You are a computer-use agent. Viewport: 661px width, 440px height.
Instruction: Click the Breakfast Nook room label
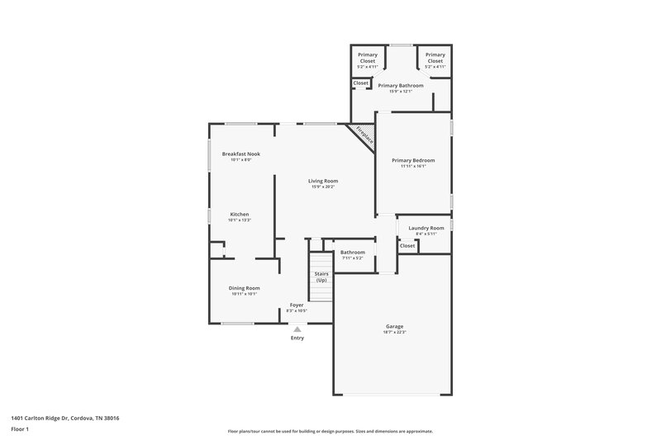coord(235,154)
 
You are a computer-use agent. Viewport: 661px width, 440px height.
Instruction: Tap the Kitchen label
coord(239,215)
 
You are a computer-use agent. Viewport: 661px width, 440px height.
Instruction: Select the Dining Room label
coord(244,288)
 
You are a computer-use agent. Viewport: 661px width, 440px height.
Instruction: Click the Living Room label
coord(323,181)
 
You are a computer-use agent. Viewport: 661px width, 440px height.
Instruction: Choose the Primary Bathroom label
coord(401,85)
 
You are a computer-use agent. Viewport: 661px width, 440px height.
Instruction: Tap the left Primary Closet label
coord(368,57)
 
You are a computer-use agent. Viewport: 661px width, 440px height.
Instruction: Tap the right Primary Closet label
coord(435,57)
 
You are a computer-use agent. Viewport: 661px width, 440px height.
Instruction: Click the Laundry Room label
coord(426,228)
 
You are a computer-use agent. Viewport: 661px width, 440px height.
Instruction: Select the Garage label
coord(394,326)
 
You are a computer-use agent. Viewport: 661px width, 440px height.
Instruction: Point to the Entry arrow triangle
coord(297,329)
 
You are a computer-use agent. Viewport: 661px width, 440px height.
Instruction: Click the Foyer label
coord(297,305)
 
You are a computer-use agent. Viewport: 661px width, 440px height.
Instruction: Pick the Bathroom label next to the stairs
coord(353,253)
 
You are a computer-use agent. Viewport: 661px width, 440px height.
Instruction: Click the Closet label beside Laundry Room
coord(407,245)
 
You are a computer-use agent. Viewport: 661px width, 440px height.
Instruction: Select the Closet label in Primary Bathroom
coord(361,83)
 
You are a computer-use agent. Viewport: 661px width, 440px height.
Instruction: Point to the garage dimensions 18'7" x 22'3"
coord(394,332)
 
